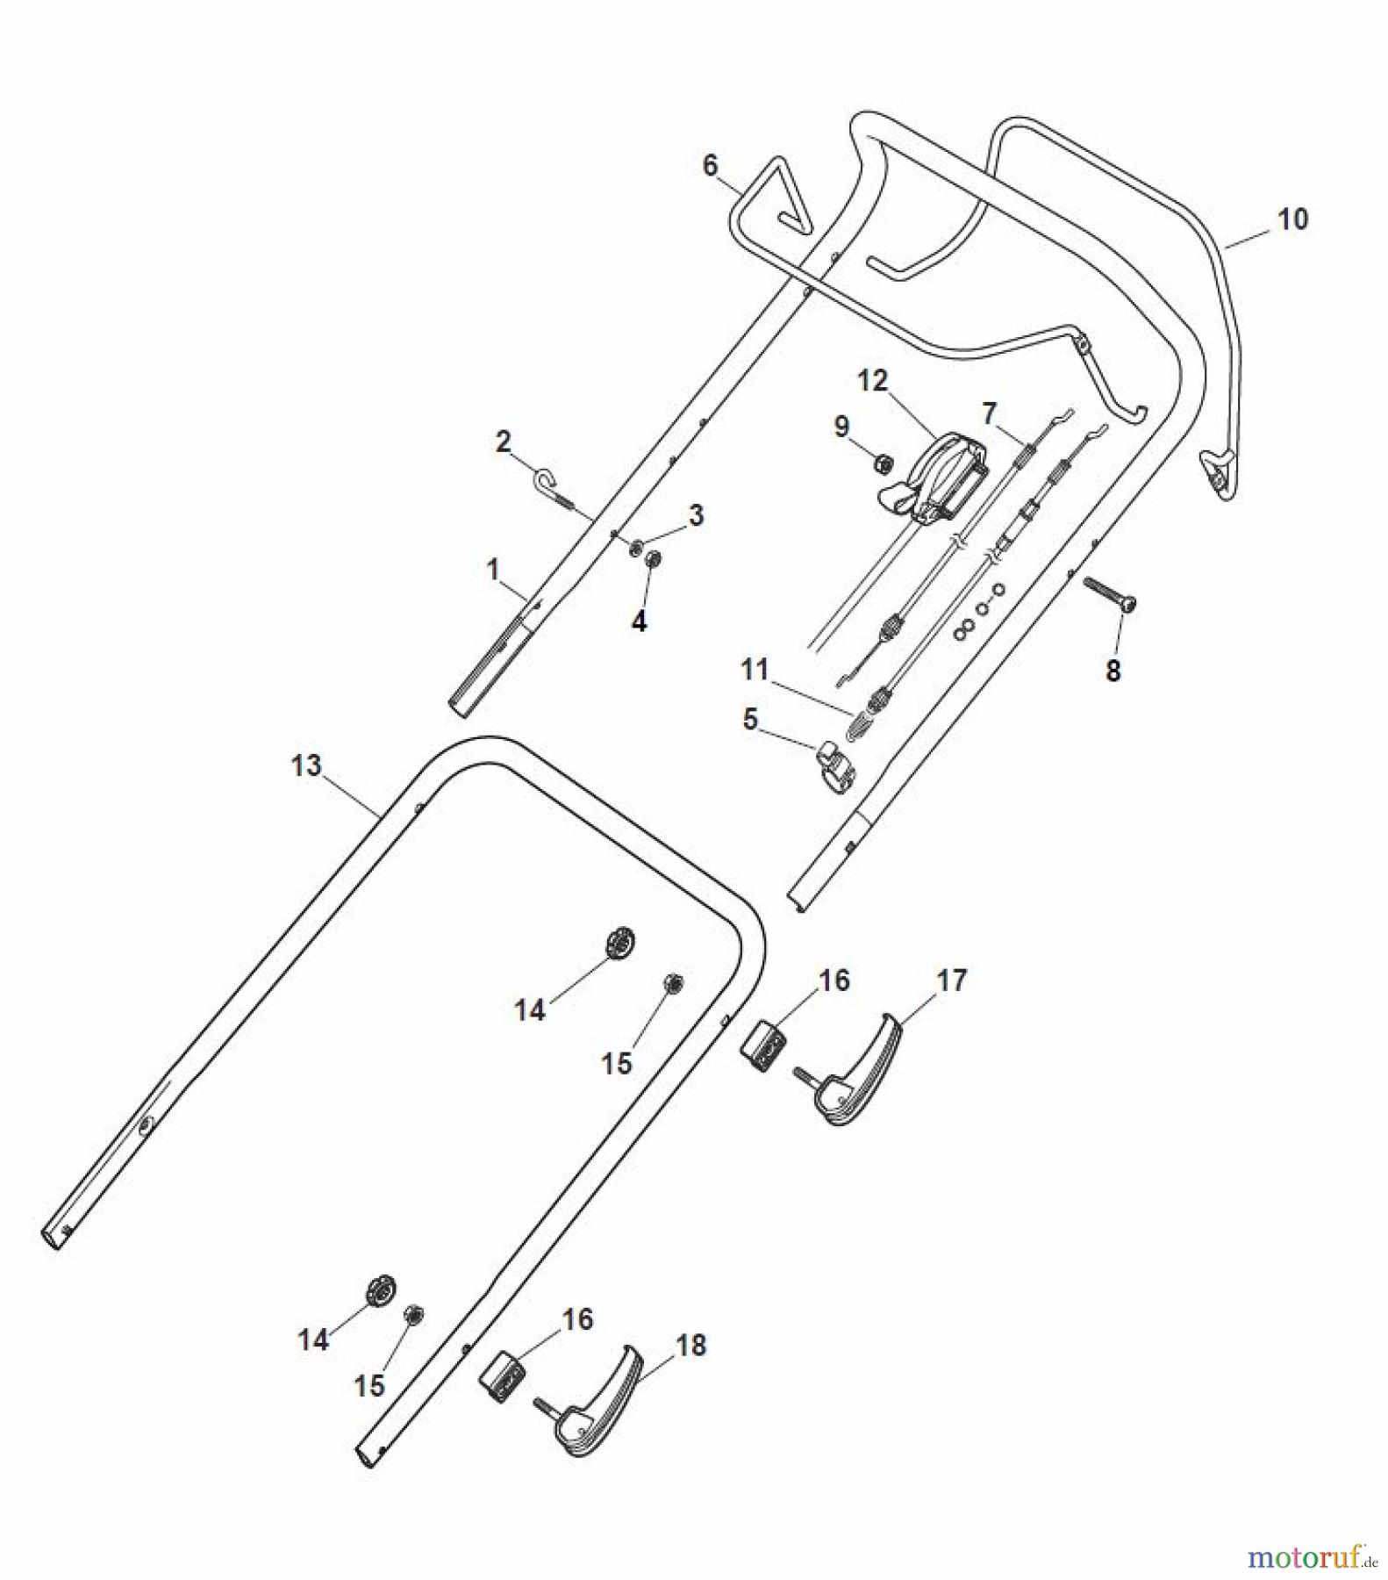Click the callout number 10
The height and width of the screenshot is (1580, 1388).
[1291, 219]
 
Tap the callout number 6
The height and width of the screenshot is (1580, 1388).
[710, 165]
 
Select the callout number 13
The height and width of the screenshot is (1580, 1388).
[306, 765]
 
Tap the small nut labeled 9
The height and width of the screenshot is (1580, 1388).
[885, 463]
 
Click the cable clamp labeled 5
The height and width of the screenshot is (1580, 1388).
[838, 763]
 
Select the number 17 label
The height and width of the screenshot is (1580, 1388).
[951, 980]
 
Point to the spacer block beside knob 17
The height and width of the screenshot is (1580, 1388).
[765, 1043]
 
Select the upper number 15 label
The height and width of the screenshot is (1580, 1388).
[617, 1063]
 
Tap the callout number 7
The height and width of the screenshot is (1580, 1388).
[989, 412]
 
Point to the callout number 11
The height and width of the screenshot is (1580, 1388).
[754, 670]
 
